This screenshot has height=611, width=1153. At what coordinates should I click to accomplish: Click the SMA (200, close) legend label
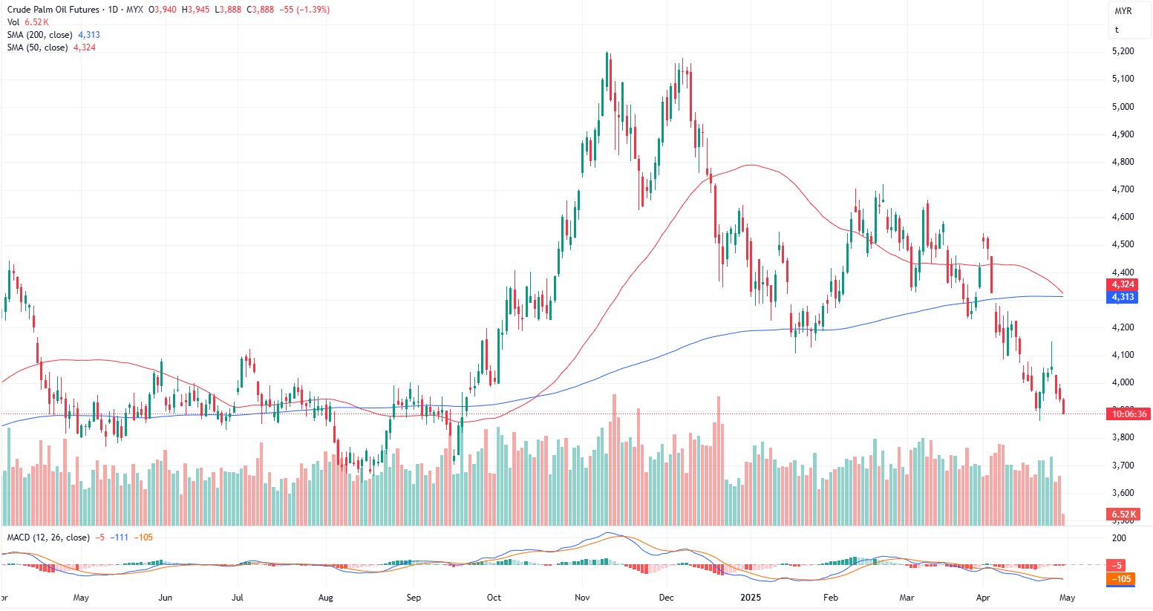click(40, 35)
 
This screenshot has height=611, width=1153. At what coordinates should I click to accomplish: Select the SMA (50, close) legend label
click(38, 48)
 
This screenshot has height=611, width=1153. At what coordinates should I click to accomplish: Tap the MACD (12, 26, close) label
click(48, 538)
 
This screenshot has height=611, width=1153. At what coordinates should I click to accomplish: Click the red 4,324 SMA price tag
click(1123, 284)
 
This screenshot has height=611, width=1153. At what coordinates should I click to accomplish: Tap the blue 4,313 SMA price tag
click(1123, 297)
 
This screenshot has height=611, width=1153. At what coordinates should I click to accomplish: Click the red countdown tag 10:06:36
click(1128, 414)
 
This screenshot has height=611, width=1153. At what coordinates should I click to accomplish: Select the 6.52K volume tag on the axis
click(1123, 514)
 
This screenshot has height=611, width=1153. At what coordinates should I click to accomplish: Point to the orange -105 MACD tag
click(1121, 579)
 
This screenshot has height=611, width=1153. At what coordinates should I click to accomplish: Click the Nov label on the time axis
click(582, 598)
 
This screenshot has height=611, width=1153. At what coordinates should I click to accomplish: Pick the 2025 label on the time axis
click(751, 598)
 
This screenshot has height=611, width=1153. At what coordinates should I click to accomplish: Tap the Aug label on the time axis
click(325, 598)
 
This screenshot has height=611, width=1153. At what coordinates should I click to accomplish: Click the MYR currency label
click(1123, 11)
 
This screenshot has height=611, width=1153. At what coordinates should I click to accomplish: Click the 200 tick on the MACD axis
click(1119, 538)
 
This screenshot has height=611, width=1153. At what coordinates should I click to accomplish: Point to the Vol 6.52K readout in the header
click(28, 22)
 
